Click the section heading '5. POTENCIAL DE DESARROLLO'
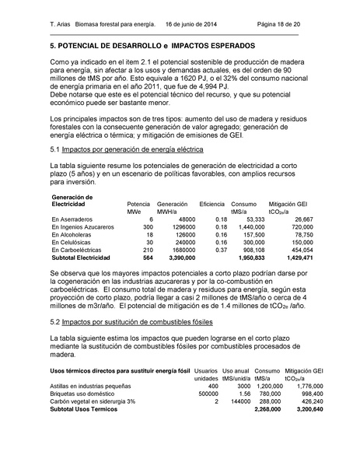pyautogui.click(x=101, y=47)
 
